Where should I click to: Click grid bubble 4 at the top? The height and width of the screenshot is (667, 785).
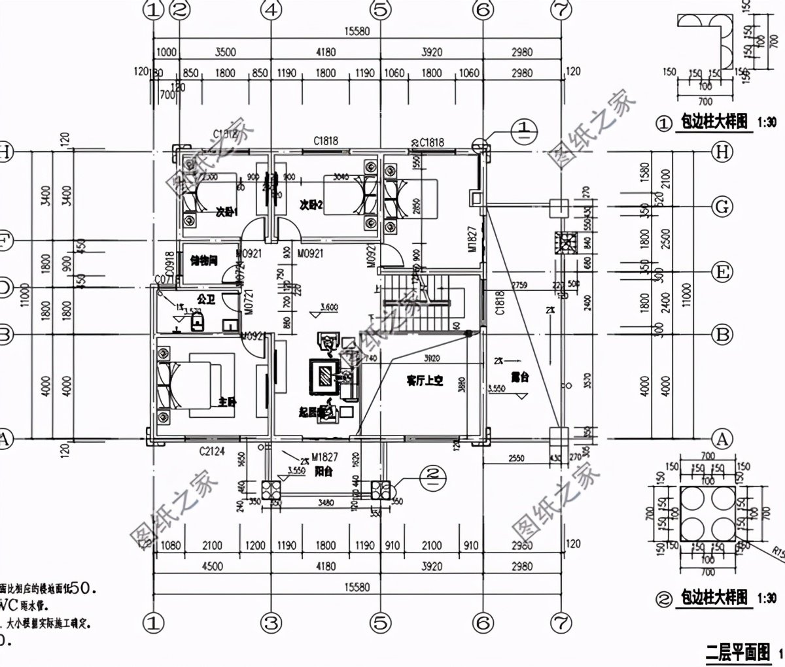coord(271,10)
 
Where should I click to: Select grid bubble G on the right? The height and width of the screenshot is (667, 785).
coord(722,207)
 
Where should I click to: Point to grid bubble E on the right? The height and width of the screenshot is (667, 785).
coord(722,271)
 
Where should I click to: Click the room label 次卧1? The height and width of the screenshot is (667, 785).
coord(227,212)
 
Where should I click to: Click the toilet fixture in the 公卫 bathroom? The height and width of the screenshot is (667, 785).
coord(198,321)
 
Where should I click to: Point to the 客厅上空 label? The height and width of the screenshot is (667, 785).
coord(425,380)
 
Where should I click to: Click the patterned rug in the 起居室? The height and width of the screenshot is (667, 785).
coord(325,375)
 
